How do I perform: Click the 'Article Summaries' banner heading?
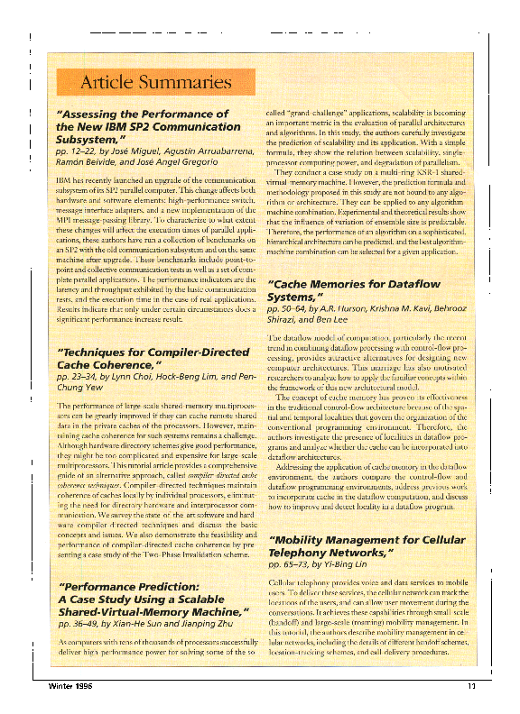[156, 84]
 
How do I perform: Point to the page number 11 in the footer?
[471, 689]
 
